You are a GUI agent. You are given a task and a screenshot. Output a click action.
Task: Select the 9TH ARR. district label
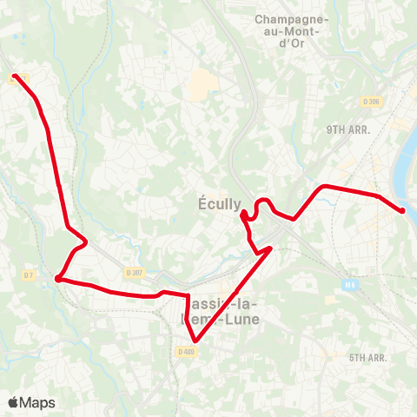coord(348,129)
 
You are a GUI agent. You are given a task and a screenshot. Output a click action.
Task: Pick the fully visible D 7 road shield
coord(29,275)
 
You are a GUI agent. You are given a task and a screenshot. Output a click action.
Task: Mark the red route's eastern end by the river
coord(403,210)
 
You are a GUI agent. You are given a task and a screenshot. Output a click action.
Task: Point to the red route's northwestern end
coord(15,76)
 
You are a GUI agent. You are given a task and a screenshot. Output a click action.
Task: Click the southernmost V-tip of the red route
coord(195,341)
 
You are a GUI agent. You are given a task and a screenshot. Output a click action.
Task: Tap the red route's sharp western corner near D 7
coord(57,279)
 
